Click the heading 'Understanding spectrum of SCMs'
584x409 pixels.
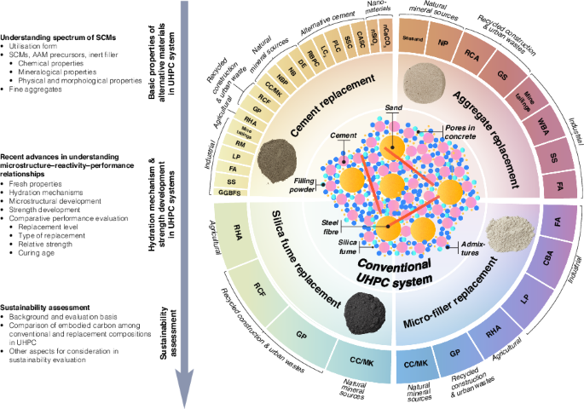[x=58, y=38]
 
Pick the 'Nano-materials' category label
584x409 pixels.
[x=386, y=10]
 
